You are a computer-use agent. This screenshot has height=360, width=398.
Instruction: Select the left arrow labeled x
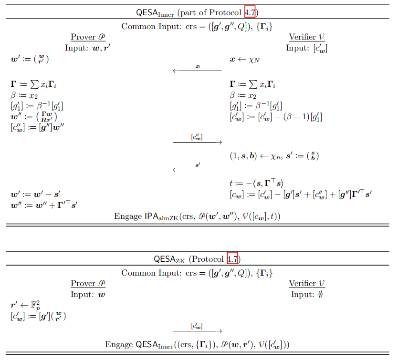coord(197,71)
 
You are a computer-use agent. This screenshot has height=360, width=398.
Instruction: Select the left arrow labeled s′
coord(197,169)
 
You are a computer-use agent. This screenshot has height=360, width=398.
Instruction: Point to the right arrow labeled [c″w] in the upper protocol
coord(197,142)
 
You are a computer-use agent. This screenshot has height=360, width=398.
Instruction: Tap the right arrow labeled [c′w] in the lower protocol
coord(197,330)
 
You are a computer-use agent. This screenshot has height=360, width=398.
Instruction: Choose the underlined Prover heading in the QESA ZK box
coord(88,284)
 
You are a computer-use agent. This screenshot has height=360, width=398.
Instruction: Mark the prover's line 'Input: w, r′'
coord(91,48)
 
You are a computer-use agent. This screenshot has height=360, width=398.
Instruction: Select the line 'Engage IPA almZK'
coord(197,216)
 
